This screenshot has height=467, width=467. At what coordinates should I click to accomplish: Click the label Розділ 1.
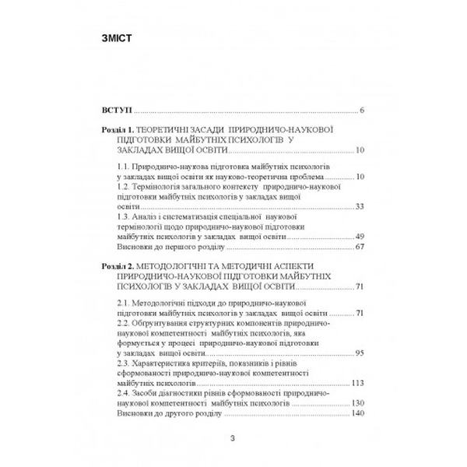coord(118,129)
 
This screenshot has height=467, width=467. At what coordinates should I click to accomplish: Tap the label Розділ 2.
coord(118,266)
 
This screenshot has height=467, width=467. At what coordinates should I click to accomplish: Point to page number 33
coord(360,205)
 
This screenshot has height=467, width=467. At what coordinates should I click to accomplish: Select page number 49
coord(360,235)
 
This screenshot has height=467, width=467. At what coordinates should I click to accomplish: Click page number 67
coord(360,247)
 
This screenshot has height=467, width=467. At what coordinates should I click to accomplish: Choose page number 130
coord(357,402)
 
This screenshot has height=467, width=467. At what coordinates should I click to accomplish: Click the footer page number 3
coord(233,440)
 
